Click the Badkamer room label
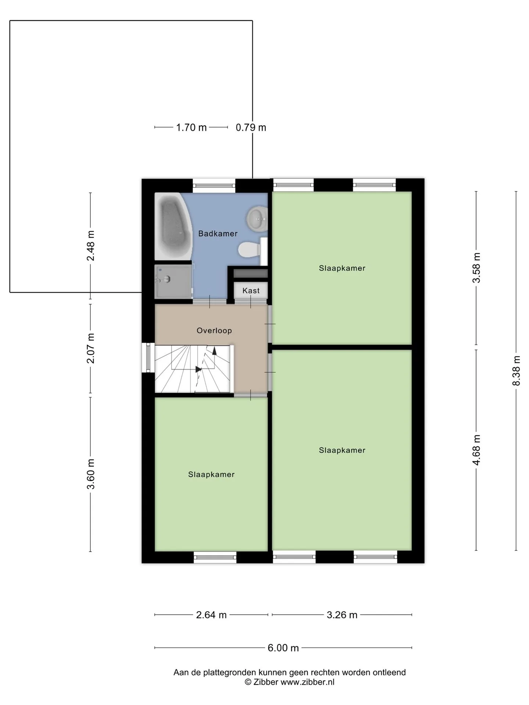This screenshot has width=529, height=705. pyautogui.click(x=218, y=234)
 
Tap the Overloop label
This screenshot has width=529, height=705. pyautogui.click(x=214, y=330)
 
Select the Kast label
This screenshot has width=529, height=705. pyautogui.click(x=251, y=290)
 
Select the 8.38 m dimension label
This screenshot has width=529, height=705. pyautogui.click(x=516, y=370)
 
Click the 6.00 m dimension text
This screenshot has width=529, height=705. pyautogui.click(x=283, y=648)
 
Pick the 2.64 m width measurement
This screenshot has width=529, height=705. pyautogui.click(x=211, y=615)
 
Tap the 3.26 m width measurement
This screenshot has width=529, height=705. pyautogui.click(x=342, y=615)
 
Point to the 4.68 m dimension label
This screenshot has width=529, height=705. pyautogui.click(x=476, y=450)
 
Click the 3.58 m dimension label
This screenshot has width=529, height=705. pyautogui.click(x=476, y=268)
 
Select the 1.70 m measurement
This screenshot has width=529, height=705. pyautogui.click(x=191, y=127)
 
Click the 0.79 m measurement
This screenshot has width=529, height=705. pyautogui.click(x=251, y=127)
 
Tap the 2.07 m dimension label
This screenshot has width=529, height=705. pyautogui.click(x=90, y=348)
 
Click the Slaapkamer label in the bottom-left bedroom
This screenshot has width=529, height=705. pyautogui.click(x=211, y=474)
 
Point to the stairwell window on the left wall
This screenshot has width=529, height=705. pyautogui.click(x=148, y=357)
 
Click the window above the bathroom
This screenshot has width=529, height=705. pyautogui.click(x=214, y=185)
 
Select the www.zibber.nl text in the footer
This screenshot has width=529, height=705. pyautogui.click(x=307, y=682)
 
